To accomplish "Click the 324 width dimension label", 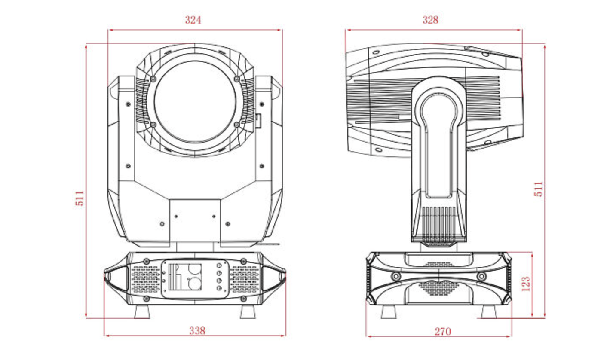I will (x=193, y=20).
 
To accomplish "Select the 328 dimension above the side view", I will (x=430, y=20).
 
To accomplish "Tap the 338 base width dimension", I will (x=197, y=330).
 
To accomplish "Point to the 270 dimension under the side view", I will (x=442, y=331).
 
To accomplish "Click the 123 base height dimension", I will (x=525, y=284).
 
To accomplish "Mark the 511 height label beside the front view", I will (x=80, y=198).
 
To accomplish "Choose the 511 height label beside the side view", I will (x=538, y=189).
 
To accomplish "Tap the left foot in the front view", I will (x=142, y=311).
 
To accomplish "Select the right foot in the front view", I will (x=248, y=311).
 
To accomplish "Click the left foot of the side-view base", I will (x=389, y=311).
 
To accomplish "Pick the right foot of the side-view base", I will (x=489, y=311).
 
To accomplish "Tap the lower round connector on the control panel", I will (x=194, y=284).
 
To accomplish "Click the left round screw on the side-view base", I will (x=395, y=276).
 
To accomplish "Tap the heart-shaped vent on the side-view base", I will (x=438, y=287).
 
